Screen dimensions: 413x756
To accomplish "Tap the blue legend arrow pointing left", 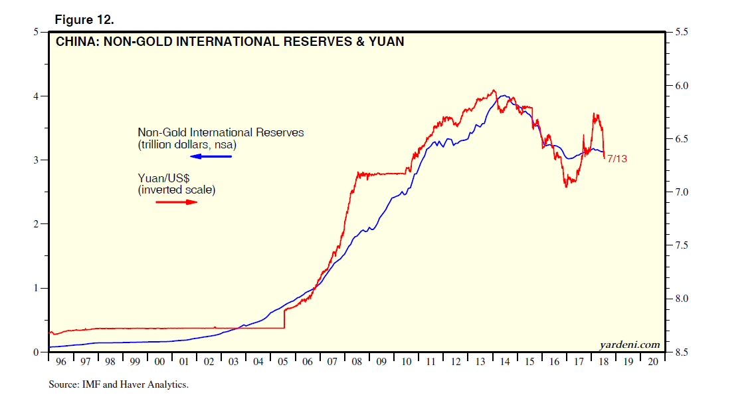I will coord(211,156).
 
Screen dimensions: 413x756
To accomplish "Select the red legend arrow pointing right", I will coord(177,202).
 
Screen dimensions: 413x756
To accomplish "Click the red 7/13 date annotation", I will coord(617,159).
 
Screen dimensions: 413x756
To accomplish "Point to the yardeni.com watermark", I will coord(629,344).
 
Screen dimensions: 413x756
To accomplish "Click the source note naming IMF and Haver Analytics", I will coord(118,384).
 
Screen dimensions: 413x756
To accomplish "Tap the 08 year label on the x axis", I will coord(357,362).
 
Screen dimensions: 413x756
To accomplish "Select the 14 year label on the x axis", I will coord(505,362).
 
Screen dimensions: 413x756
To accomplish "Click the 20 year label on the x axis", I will coord(652,362).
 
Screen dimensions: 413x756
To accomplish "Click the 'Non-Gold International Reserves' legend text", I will coord(221,132).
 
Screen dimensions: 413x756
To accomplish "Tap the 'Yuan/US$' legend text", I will coord(163,178).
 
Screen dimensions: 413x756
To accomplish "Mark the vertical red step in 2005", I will coord(284,318).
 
